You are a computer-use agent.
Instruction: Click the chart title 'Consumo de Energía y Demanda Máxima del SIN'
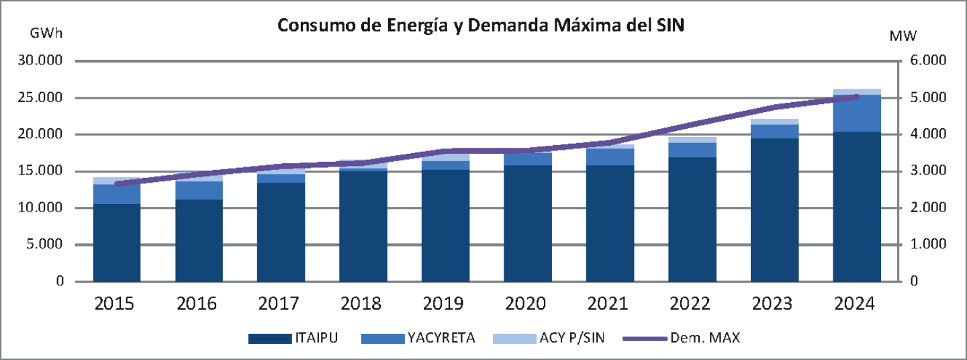click(x=480, y=26)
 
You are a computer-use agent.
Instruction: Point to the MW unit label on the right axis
click(x=903, y=35)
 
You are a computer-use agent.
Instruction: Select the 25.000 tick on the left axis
click(x=41, y=98)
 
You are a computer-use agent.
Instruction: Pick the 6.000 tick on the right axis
click(x=927, y=61)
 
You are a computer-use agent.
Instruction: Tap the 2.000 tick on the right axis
click(x=927, y=208)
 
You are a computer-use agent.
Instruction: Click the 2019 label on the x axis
click(x=443, y=304)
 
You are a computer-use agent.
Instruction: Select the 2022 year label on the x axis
click(x=690, y=304)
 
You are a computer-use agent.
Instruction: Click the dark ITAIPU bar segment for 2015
click(x=117, y=242)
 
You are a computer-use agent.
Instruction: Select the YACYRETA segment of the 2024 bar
click(x=857, y=113)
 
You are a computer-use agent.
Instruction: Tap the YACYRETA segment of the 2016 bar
click(x=199, y=190)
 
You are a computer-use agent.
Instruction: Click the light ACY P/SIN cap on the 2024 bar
click(x=857, y=92)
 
